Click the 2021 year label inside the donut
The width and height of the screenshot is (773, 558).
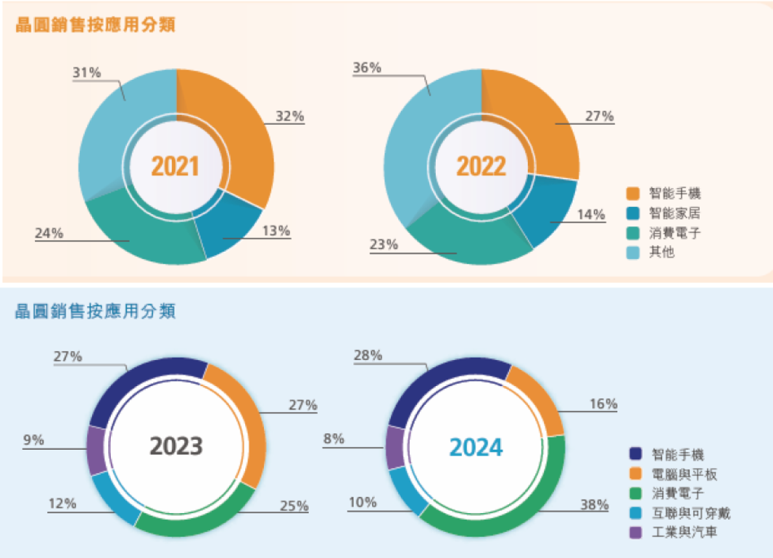pyautogui.click(x=175, y=167)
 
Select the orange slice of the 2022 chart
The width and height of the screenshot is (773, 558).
pyautogui.click(x=545, y=130)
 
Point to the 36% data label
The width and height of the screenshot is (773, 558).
pyautogui.click(x=367, y=67)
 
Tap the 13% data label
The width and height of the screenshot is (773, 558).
pyautogui.click(x=276, y=230)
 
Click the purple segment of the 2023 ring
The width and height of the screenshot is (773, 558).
pyautogui.click(x=96, y=450)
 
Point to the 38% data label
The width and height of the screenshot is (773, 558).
pyautogui.click(x=594, y=504)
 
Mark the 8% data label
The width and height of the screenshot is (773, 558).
pyautogui.click(x=335, y=439)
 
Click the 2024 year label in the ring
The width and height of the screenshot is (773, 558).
pyautogui.click(x=476, y=448)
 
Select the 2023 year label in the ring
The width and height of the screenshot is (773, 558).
pyautogui.click(x=176, y=446)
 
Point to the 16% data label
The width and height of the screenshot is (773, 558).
pyautogui.click(x=603, y=404)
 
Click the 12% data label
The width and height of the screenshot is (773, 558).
pyautogui.click(x=63, y=503)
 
